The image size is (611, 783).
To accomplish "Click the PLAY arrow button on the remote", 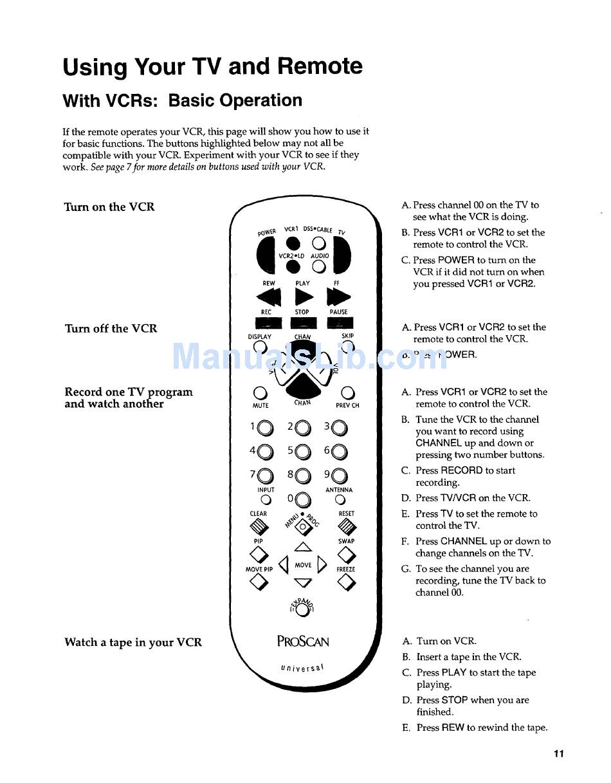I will pyautogui.click(x=304, y=297).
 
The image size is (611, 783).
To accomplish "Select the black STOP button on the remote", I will pyautogui.click(x=303, y=324).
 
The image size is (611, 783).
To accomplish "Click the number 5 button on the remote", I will pyautogui.click(x=304, y=453).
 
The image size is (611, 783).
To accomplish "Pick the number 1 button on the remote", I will pyautogui.click(x=266, y=428).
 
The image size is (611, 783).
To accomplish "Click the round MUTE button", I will pyautogui.click(x=260, y=393).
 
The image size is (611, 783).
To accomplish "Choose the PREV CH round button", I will pyautogui.click(x=347, y=393).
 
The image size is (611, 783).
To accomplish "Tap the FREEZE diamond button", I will pyautogui.click(x=347, y=583).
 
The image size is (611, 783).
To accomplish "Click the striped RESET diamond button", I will pyautogui.click(x=347, y=528).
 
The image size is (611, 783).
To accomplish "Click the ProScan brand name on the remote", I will pyautogui.click(x=303, y=641).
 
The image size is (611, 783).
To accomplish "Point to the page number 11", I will pyautogui.click(x=558, y=753).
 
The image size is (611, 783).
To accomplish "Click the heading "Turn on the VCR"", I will pyautogui.click(x=109, y=207).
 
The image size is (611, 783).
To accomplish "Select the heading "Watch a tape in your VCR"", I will pyautogui.click(x=133, y=642).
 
